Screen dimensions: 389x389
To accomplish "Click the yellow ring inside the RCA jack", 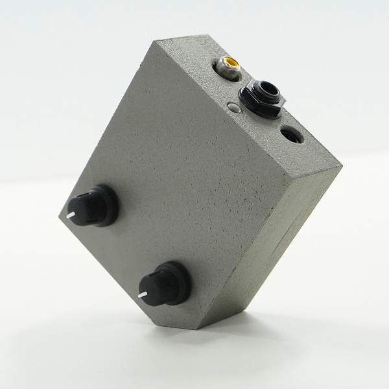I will [x=230, y=64].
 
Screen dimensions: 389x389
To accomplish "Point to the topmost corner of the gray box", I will [x=158, y=41].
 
